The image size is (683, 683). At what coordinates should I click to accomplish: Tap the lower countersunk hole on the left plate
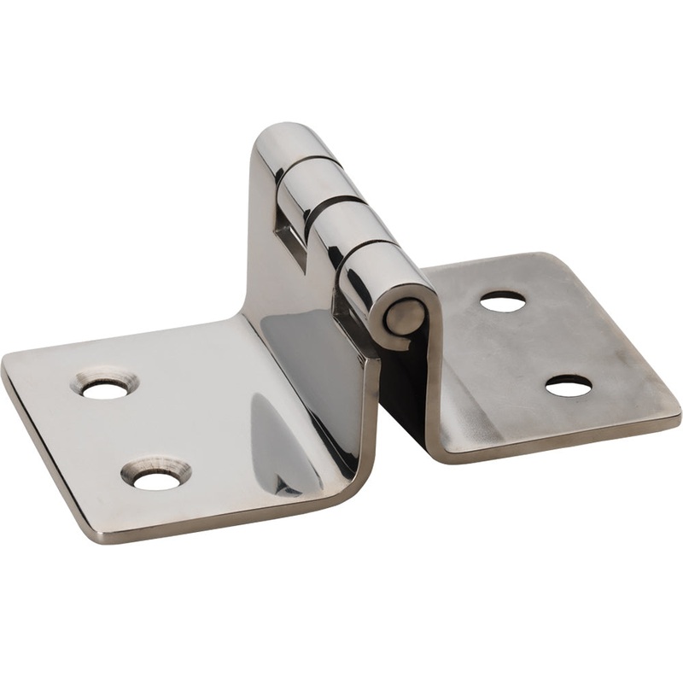pos(157,480)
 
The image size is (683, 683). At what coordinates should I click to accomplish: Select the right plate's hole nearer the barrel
pos(502,301)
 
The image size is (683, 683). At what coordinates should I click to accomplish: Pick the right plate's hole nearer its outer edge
pos(569,387)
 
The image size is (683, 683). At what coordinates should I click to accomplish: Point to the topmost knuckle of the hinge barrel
pos(295,147)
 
